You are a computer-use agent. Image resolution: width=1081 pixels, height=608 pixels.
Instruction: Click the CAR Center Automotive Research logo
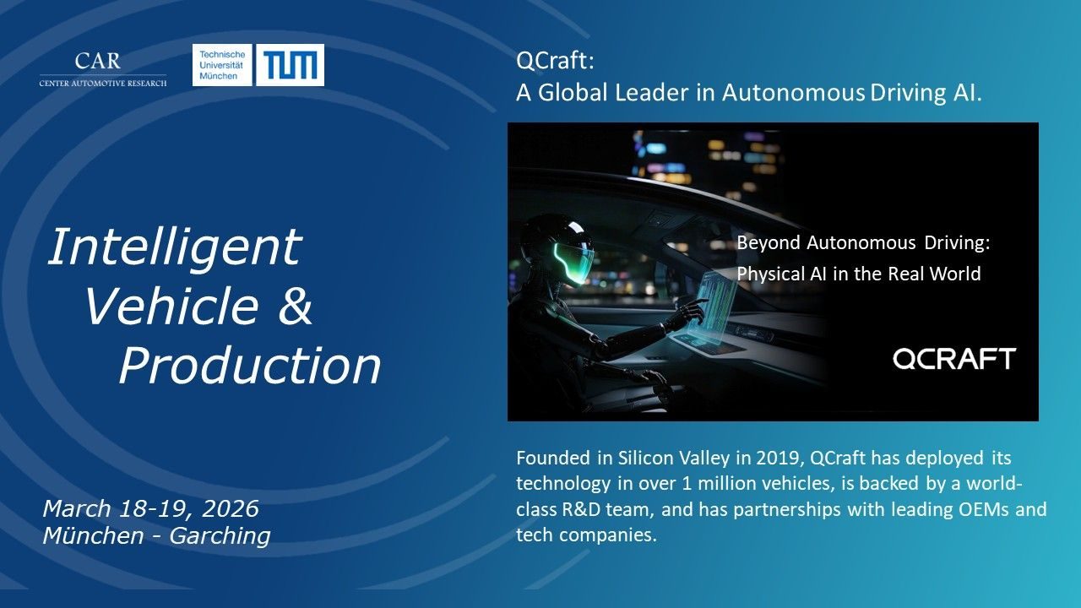103,69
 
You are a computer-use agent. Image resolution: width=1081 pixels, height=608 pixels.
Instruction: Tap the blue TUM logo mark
290,65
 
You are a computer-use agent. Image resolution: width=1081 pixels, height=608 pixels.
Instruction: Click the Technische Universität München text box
222,65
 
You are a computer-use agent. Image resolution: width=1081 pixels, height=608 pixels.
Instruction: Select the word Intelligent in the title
175,247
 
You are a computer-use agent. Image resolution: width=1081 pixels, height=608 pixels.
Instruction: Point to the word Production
250,366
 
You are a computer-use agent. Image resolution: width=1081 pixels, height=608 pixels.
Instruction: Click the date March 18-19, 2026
150,508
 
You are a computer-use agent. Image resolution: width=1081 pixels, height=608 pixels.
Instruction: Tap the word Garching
220,536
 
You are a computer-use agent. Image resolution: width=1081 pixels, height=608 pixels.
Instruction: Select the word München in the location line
93,535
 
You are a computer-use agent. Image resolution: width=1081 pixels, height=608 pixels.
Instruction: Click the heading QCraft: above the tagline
555,61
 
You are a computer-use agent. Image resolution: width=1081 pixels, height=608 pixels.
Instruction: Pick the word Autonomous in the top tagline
793,92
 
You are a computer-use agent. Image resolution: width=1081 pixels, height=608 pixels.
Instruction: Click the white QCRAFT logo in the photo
954,359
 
